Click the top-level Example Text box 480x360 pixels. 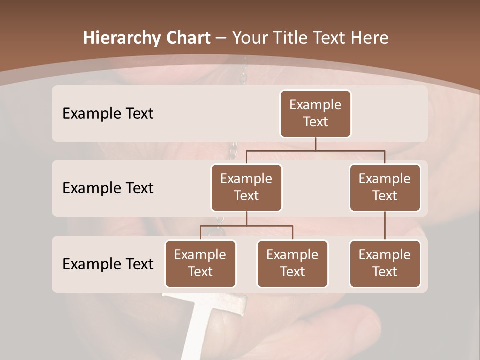315,113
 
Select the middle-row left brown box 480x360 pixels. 246,187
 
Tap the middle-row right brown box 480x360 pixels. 385,187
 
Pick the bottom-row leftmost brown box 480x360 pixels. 200,263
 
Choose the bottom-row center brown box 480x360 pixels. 292,263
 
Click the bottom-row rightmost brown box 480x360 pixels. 385,263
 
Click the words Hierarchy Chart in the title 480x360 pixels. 147,38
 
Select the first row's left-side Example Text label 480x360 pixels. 108,114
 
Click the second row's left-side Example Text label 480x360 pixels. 108,188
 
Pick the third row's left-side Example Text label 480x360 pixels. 108,264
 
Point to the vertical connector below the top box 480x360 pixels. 315,144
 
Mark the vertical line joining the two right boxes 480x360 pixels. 385,226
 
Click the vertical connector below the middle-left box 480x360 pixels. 246,218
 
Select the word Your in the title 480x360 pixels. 251,38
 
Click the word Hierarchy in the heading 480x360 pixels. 121,38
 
